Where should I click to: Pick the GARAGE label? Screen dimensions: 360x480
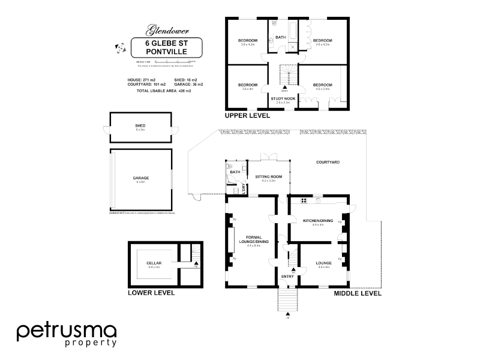click(140, 178)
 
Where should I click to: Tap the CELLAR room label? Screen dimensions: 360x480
click(154, 263)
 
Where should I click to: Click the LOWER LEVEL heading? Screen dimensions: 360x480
click(151, 293)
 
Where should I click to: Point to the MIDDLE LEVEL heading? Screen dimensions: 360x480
click(357, 293)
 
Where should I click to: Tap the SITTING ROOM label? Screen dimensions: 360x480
click(268, 176)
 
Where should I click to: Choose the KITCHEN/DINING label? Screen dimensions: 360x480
click(317, 221)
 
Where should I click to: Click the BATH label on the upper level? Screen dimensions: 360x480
click(280, 37)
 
